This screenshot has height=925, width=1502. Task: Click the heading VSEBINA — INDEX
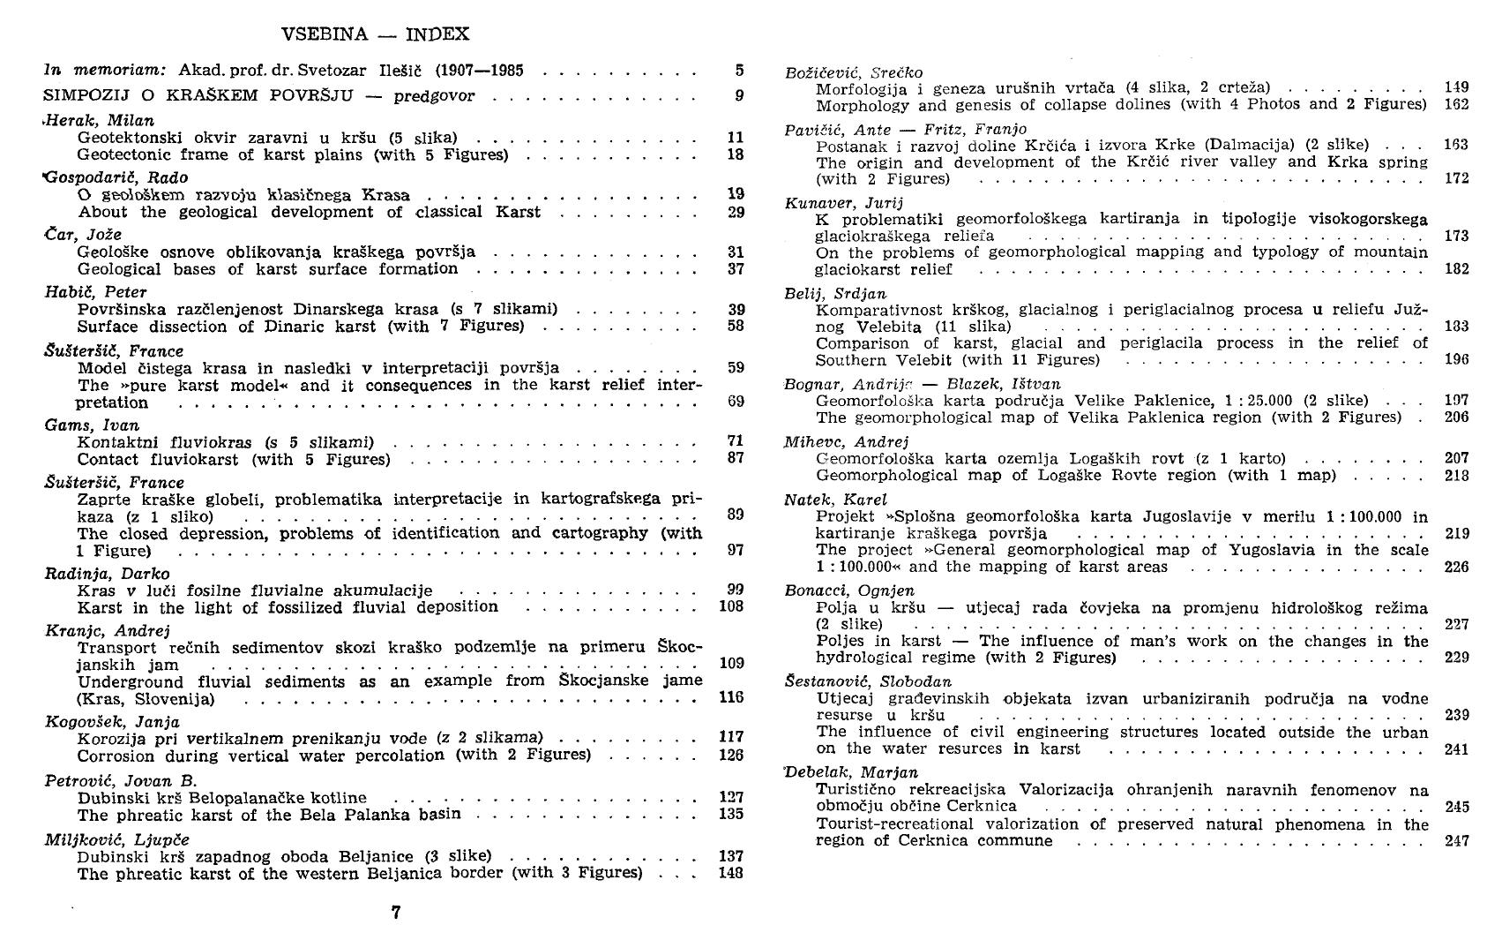click(x=375, y=34)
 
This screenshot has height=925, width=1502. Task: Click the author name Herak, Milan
click(x=99, y=120)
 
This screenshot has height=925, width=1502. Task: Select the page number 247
click(x=1457, y=841)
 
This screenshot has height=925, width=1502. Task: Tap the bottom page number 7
click(x=396, y=912)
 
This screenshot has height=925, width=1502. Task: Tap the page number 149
click(x=1457, y=87)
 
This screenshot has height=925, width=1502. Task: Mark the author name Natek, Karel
click(x=823, y=500)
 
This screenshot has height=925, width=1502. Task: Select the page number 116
click(x=731, y=698)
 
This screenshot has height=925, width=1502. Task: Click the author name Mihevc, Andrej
click(x=833, y=441)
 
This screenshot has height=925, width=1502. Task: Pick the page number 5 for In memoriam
click(x=738, y=70)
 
